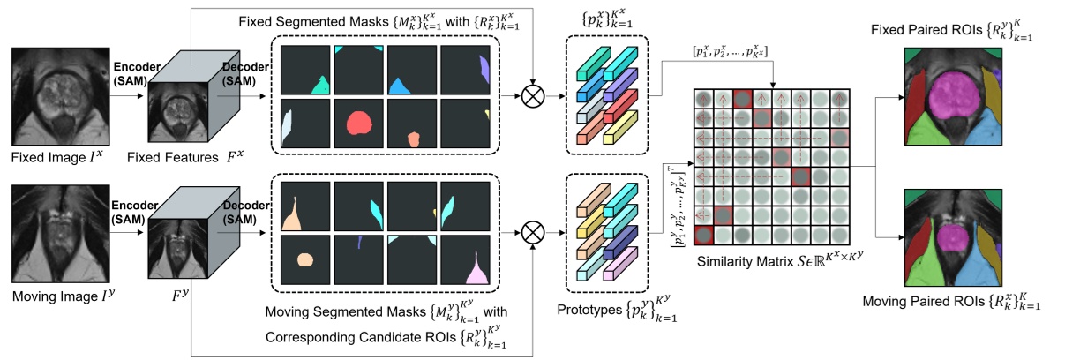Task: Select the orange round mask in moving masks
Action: click(x=305, y=259)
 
